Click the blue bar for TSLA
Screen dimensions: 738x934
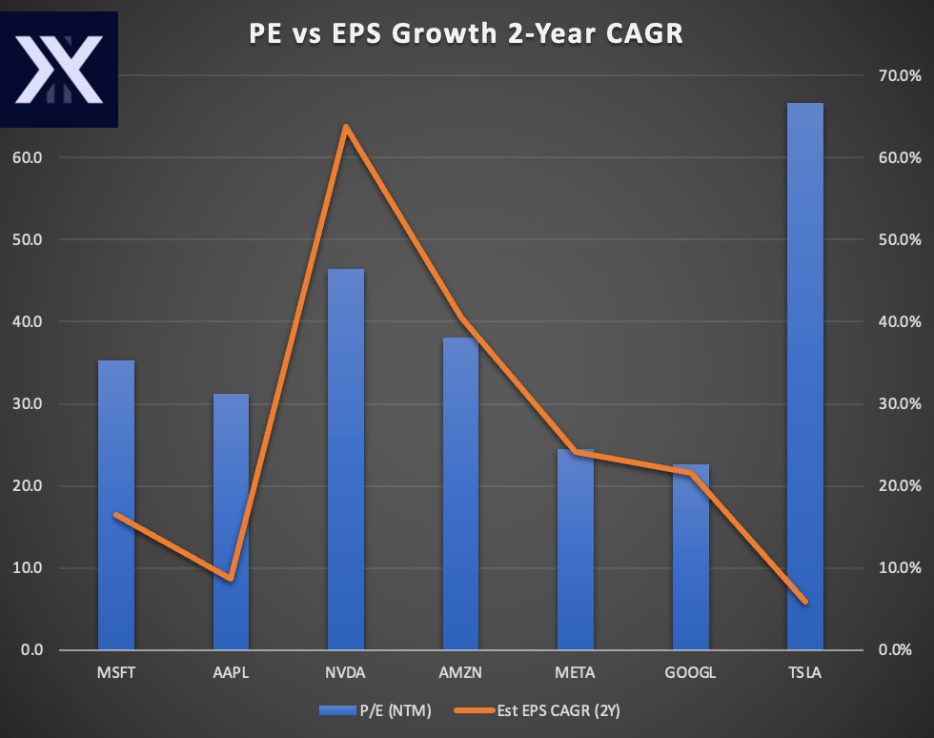804,381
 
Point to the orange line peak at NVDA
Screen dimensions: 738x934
346,127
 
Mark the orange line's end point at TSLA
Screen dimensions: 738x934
804,601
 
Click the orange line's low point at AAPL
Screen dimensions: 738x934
231,578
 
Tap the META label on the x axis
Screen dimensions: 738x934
575,672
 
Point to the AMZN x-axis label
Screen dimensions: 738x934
460,672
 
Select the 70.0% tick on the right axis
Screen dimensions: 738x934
899,75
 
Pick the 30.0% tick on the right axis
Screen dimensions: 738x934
899,404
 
